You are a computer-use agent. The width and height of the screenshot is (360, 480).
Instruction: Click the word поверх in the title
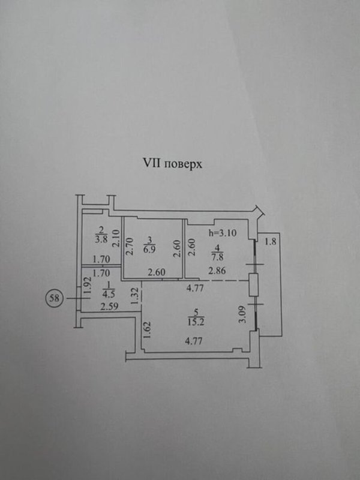[183, 164]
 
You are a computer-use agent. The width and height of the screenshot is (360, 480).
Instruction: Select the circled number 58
[55, 298]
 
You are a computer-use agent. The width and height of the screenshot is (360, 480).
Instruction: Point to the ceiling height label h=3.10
[223, 233]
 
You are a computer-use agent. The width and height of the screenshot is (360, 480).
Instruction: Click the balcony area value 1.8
[271, 242]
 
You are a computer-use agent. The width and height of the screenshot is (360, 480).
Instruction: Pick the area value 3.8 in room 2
[101, 239]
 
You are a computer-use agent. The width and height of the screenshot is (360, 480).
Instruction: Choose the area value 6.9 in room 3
[149, 249]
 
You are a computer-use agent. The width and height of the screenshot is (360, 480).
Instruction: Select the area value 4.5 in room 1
[109, 295]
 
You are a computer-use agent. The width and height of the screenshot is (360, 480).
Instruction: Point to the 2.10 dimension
[115, 238]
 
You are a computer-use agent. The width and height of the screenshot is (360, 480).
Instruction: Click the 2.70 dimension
[130, 247]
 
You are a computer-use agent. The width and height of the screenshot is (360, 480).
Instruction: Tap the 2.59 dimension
[109, 307]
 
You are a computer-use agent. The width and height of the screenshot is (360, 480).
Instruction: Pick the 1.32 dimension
[136, 296]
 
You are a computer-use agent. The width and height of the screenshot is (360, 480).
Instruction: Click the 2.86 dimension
[217, 271]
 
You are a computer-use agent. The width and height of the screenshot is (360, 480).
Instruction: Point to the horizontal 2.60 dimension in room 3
[157, 272]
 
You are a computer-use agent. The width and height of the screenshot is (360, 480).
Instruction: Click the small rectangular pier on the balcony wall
[253, 285]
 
